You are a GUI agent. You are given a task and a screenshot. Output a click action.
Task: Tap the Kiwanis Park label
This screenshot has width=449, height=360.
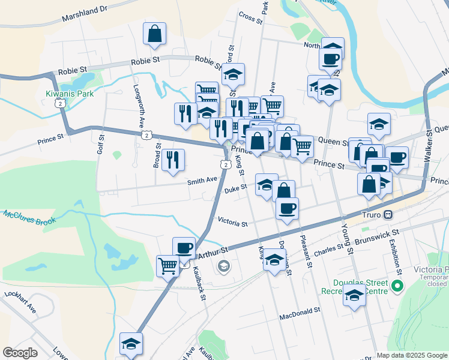pyautogui.click(x=69, y=94)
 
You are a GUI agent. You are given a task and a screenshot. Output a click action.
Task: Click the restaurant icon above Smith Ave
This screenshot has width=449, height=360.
pyautogui.click(x=173, y=160)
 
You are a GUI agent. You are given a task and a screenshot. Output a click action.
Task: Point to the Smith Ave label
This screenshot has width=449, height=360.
pyautogui.click(x=202, y=180)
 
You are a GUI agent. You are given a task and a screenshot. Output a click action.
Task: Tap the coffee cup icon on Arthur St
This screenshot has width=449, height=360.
pyautogui.click(x=184, y=248)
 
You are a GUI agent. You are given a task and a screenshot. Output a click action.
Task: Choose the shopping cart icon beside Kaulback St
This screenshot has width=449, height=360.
pyautogui.click(x=168, y=266)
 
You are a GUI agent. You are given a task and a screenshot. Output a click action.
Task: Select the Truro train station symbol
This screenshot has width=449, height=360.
pyautogui.click(x=388, y=214)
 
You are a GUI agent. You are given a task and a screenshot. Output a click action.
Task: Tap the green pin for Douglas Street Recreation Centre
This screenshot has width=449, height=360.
pyautogui.click(x=396, y=287)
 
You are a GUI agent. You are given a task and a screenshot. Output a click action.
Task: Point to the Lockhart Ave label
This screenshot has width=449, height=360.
pyautogui.click(x=20, y=302)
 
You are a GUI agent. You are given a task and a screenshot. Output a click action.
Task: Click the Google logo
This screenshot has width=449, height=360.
pyautogui.click(x=20, y=353)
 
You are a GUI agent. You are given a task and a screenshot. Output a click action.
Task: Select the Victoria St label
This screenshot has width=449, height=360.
pyautogui.click(x=233, y=223)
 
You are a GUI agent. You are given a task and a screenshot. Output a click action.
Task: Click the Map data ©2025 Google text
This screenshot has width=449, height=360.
pyautogui.click(x=411, y=355)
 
